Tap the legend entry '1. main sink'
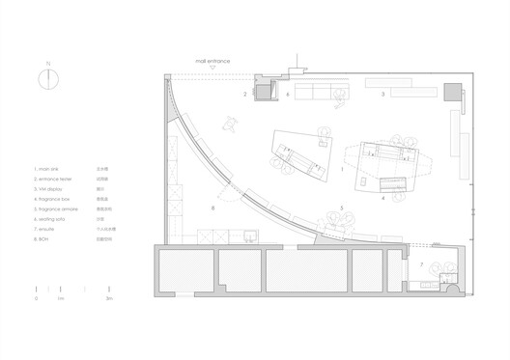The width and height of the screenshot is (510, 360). (49, 168)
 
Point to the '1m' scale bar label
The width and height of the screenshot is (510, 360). (60, 302)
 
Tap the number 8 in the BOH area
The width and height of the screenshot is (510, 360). (211, 208)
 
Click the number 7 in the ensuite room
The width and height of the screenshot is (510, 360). (422, 263)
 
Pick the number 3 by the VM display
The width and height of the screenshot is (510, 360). (383, 94)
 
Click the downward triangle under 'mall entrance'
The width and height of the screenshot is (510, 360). (211, 68)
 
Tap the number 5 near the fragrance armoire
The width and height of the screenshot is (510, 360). (340, 208)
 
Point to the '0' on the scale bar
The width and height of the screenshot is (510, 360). (36, 302)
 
